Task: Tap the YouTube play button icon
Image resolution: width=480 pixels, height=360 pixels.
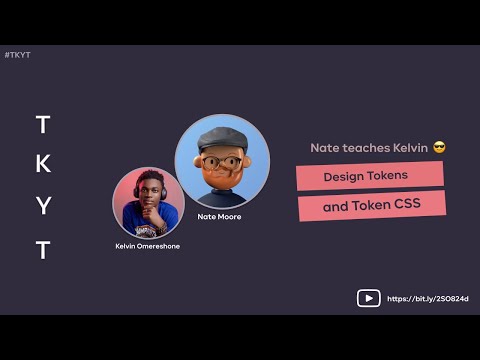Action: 368,298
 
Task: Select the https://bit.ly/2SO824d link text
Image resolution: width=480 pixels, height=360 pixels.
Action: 427,298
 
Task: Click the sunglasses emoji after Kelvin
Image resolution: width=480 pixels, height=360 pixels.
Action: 439,147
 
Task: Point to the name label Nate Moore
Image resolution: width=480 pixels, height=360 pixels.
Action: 219,216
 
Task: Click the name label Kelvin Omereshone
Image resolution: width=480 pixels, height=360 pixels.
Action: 147,245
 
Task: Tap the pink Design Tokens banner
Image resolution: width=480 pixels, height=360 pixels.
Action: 369,176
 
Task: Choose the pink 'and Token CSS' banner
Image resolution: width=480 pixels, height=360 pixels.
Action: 371,207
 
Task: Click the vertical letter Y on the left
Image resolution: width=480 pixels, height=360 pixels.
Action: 42,207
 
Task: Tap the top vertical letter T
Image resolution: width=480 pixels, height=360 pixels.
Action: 42,124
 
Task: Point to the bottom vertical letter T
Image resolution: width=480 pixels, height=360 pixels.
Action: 42,250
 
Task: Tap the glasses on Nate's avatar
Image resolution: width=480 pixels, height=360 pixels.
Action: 220,162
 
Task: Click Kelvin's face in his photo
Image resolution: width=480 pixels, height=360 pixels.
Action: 147,197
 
